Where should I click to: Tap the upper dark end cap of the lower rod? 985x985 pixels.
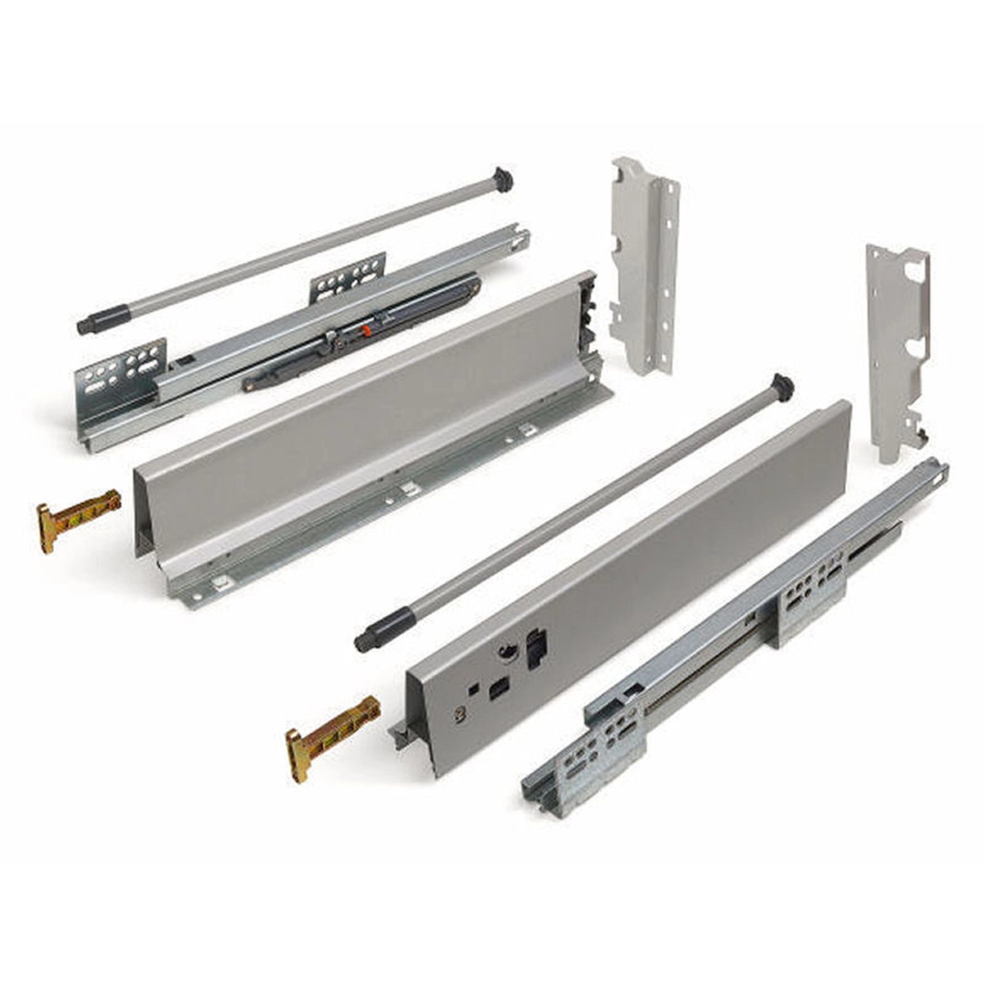click(x=783, y=385)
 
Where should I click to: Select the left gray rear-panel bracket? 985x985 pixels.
click(x=644, y=263)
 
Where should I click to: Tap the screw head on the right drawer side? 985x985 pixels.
click(x=457, y=713)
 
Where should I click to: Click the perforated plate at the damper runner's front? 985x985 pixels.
click(x=121, y=374)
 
